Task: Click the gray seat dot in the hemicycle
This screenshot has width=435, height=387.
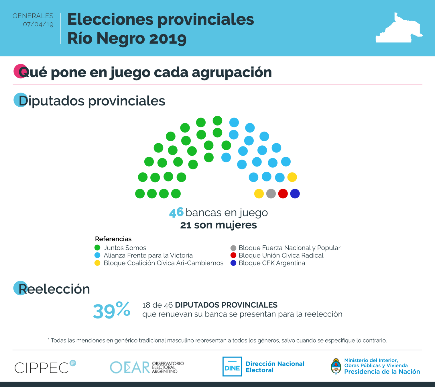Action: point(271,194)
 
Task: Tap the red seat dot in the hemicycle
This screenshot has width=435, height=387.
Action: point(283,194)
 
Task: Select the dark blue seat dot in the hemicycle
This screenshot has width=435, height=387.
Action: point(295,194)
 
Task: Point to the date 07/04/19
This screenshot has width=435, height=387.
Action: point(38,24)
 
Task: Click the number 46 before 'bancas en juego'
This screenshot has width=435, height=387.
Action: point(176,212)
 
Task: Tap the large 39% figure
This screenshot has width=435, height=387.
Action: point(112,310)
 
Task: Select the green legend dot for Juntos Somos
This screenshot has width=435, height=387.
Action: point(97,248)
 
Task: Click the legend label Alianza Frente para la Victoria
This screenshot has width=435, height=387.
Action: point(148,255)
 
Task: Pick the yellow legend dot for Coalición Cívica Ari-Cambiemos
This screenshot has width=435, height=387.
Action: point(97,263)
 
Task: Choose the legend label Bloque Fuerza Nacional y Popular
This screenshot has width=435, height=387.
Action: point(289,248)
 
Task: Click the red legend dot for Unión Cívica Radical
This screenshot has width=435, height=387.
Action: point(233,255)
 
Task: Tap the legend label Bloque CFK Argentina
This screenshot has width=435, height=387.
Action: point(272,263)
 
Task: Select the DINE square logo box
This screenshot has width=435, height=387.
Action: point(232,367)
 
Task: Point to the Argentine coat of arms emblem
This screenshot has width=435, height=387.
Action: point(336,367)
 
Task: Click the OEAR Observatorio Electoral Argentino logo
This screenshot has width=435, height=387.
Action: point(147,367)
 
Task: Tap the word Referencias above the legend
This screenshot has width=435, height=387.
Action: point(113,239)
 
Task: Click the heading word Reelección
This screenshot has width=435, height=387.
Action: point(54,289)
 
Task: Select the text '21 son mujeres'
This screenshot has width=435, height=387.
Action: point(218,225)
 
